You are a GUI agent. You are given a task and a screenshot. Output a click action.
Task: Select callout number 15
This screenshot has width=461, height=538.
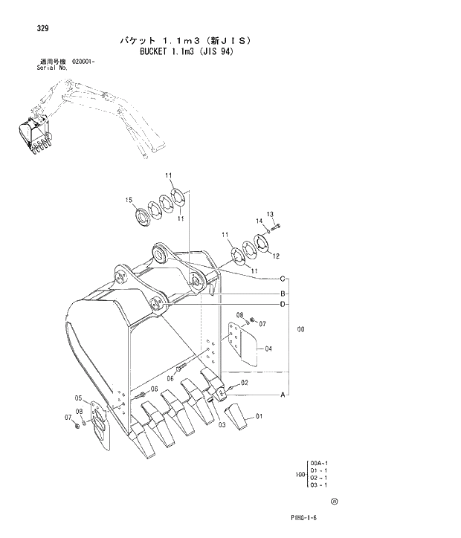click(x=129, y=200)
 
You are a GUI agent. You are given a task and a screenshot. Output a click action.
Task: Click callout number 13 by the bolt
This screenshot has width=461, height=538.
click(x=270, y=214)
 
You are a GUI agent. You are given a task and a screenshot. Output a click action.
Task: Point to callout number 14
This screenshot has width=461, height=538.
click(x=260, y=221)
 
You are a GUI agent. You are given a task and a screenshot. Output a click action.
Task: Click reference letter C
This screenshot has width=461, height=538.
click(x=283, y=279)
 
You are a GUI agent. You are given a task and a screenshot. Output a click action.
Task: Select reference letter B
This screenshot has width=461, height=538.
click(x=283, y=293)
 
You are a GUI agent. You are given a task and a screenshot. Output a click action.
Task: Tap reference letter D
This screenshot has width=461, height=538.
click(x=283, y=304)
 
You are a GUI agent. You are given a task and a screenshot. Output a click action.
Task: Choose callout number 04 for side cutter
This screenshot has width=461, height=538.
click(x=268, y=349)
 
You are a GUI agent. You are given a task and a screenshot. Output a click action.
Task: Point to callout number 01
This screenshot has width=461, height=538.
click(x=259, y=417)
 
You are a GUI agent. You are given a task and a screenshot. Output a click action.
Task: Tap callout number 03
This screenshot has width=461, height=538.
click(x=222, y=424)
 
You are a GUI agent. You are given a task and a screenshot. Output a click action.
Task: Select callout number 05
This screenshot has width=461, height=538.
click(x=79, y=398)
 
